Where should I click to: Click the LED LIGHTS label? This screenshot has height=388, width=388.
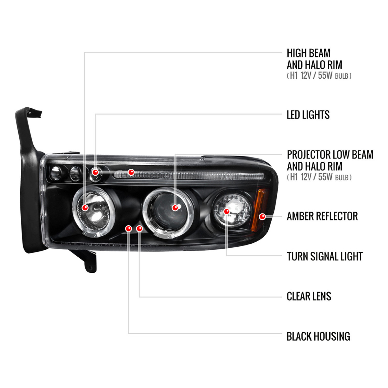tap(308, 115)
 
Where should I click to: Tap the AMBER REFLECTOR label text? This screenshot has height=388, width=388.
tap(322, 216)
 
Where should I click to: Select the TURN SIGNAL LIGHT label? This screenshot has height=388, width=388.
tap(325, 256)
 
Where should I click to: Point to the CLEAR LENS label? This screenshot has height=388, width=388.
tap(309, 296)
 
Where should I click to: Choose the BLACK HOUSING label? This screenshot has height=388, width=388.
tap(318, 337)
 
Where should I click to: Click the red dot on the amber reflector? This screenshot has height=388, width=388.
tap(262, 217)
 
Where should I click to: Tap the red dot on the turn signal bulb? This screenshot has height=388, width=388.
tap(227, 211)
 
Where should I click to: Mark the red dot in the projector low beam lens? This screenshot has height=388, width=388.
tap(175, 207)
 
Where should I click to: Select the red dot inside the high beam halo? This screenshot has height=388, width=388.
tap(85, 207)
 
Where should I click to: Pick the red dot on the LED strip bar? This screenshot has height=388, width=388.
tap(131, 172)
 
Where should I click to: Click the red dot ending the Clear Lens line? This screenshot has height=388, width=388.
tap(139, 228)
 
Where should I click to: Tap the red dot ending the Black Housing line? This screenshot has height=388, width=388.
tap(129, 228)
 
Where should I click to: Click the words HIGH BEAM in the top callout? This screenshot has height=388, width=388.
tap(309, 53)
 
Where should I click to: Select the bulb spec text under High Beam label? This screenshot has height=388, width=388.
tap(319, 76)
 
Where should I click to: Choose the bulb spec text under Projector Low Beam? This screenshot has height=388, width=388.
tap(319, 177)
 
